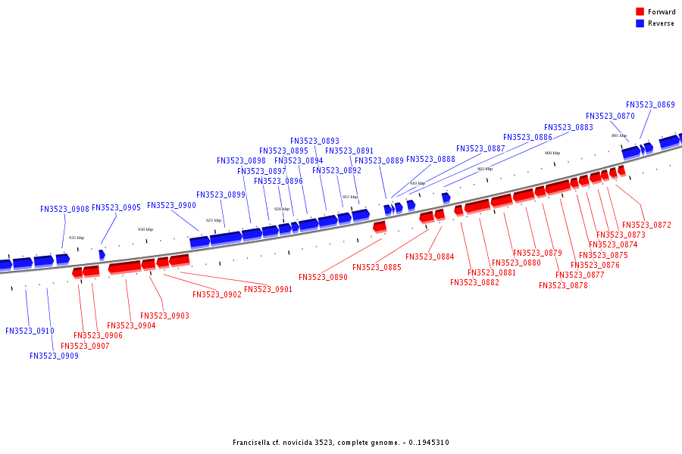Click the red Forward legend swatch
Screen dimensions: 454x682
(640, 11)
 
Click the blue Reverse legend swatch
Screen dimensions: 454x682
(640, 23)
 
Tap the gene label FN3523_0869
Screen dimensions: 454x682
(650, 104)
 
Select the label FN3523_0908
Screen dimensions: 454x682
(64, 209)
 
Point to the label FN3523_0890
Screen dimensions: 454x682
(323, 278)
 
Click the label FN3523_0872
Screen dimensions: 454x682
(646, 225)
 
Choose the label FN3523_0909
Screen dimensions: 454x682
(54, 356)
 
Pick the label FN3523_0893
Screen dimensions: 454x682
(314, 141)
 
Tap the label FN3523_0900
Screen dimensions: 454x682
(171, 205)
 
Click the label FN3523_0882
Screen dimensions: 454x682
(474, 282)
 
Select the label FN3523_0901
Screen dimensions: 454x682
(268, 289)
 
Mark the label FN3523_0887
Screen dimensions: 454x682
(480, 148)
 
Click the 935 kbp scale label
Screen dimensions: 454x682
(77, 238)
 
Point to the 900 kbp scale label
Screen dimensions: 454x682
(552, 153)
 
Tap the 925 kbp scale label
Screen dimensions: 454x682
(214, 220)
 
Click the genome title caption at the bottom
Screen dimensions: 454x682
(341, 443)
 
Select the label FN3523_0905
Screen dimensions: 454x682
(116, 207)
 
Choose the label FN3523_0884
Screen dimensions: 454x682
(430, 257)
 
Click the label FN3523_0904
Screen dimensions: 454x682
(131, 325)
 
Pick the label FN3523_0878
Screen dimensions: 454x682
(563, 285)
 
